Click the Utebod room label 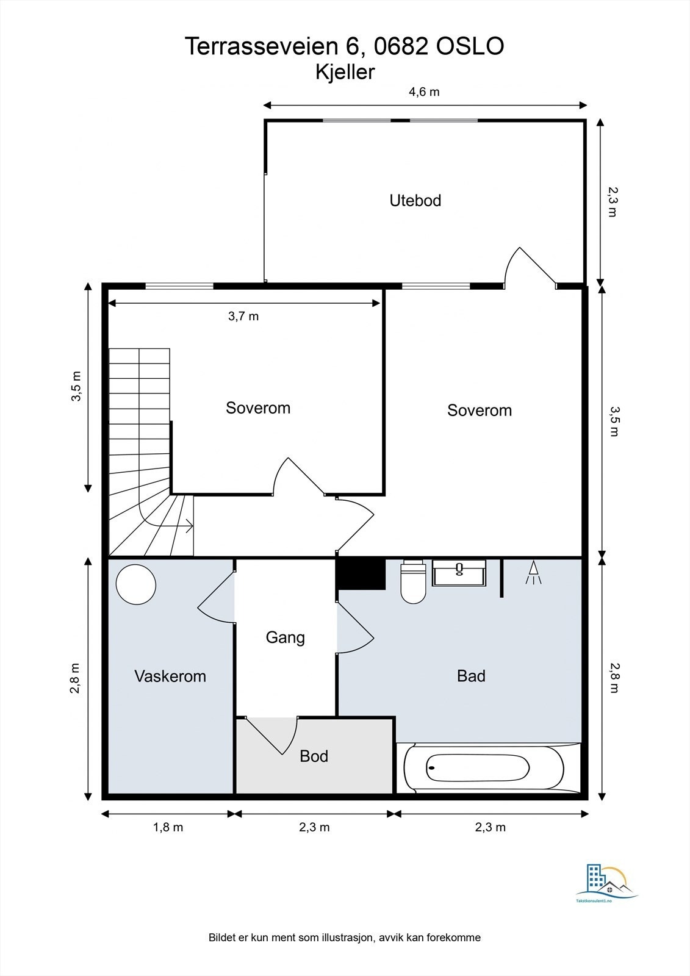point(415,201)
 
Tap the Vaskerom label point(170,676)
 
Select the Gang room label point(285,638)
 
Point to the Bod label point(314,756)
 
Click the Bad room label point(471,676)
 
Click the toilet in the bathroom point(413,582)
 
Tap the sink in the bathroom point(459,573)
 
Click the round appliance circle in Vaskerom point(136,584)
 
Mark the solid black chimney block point(361,573)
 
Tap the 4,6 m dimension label point(423,92)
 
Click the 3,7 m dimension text point(243,317)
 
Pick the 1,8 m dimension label point(168,827)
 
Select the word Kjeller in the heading point(345,73)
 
